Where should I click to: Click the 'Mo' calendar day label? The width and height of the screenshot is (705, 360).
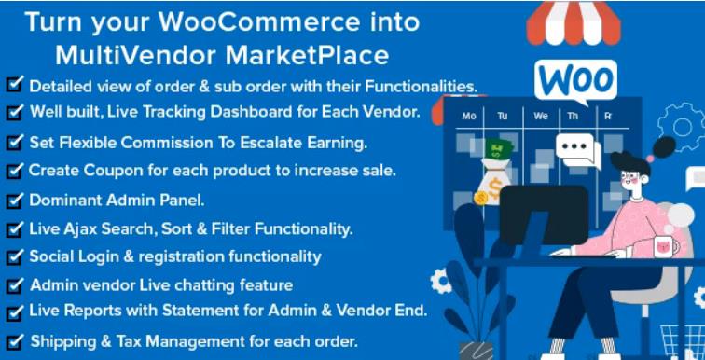tap(469, 117)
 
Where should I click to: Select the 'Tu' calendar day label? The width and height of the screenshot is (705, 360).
tap(504, 117)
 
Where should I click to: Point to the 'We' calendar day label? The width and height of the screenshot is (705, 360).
tap(541, 117)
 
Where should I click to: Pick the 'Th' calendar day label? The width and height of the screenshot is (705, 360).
tap(574, 117)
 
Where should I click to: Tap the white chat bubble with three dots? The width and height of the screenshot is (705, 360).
tap(576, 146)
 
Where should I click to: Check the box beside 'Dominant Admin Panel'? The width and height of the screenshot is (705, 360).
tap(13, 199)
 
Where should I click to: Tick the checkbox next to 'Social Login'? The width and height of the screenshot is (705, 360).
tap(13, 255)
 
